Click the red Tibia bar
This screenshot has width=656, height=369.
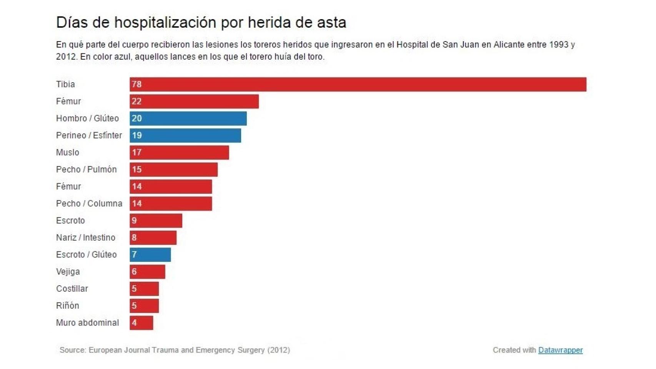tap(358, 84)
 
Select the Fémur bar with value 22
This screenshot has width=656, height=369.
tap(194, 101)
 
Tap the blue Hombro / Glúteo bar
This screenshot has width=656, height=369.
tap(188, 118)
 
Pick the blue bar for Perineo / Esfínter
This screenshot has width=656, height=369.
tap(185, 135)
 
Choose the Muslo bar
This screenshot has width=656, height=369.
tap(179, 153)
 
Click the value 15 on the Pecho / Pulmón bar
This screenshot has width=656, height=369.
tap(137, 170)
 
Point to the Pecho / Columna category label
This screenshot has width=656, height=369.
tap(89, 203)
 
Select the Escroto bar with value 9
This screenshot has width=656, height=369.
tap(156, 221)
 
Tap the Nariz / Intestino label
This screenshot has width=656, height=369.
tap(86, 238)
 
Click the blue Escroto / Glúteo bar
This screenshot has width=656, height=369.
tap(150, 254)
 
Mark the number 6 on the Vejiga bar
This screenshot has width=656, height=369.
tap(134, 272)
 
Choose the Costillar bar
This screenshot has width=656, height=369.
tap(144, 289)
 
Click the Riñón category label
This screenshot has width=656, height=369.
tap(68, 306)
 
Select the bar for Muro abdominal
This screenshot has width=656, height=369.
tap(141, 323)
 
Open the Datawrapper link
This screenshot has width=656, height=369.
tap(560, 350)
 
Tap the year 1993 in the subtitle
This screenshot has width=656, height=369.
tap(559, 45)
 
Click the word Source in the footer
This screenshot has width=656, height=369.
tap(72, 350)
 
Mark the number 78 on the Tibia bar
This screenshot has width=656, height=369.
tap(137, 84)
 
